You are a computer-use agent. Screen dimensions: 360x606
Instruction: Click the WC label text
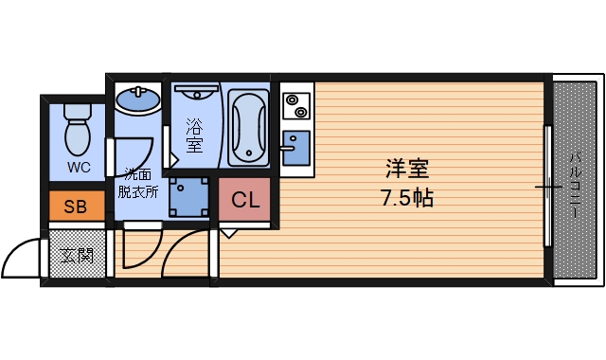[79, 168]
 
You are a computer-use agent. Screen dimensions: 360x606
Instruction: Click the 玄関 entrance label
[76, 254]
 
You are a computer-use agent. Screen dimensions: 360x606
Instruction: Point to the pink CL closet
[245, 201]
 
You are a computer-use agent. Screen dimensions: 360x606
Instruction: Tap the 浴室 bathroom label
[194, 134]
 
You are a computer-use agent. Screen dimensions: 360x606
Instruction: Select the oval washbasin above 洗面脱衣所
[138, 99]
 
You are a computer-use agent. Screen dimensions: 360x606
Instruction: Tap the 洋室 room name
[408, 170]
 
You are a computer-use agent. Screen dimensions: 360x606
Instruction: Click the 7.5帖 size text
[408, 200]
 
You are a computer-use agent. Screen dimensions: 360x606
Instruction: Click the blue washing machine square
[189, 197]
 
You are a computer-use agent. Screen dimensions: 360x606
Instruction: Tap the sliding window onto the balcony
[547, 185]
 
